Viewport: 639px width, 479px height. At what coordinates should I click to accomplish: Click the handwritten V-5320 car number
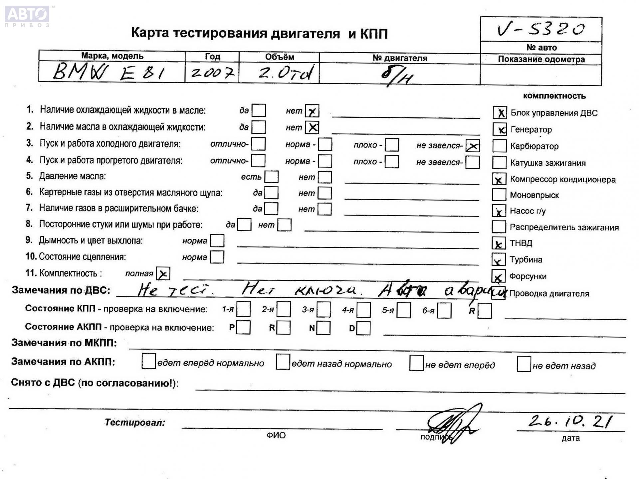pyautogui.click(x=541, y=29)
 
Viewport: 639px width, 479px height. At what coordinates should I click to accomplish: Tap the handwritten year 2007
pyautogui.click(x=212, y=72)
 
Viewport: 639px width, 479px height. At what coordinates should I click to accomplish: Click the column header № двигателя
pyautogui.click(x=399, y=58)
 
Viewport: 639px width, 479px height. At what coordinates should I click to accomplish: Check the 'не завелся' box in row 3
pyautogui.click(x=473, y=146)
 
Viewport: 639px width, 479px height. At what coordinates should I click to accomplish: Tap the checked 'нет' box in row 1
pyautogui.click(x=312, y=111)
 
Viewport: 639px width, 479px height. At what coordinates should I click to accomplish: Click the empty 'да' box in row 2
pyautogui.click(x=259, y=127)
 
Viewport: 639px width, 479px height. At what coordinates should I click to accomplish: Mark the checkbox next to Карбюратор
pyautogui.click(x=499, y=146)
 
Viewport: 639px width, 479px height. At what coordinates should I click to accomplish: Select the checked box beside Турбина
pyautogui.click(x=498, y=260)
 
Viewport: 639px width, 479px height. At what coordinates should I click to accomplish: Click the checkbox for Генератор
pyautogui.click(x=500, y=129)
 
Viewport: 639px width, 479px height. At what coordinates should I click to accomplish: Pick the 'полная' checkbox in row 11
pyautogui.click(x=163, y=274)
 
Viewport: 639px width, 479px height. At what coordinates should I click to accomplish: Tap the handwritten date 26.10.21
pyautogui.click(x=570, y=421)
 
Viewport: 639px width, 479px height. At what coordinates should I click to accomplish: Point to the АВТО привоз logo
pyautogui.click(x=27, y=16)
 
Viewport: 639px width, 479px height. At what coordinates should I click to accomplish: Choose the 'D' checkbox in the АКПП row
pyautogui.click(x=363, y=328)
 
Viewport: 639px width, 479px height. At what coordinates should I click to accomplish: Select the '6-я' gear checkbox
pyautogui.click(x=444, y=311)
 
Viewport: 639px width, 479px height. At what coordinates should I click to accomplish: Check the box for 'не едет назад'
pyautogui.click(x=524, y=364)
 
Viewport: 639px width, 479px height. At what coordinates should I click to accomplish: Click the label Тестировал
pyautogui.click(x=135, y=422)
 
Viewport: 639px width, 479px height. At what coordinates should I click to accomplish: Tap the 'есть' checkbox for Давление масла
pyautogui.click(x=272, y=177)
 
